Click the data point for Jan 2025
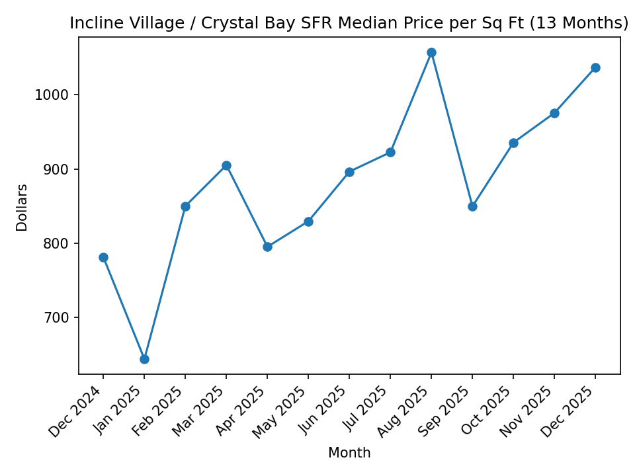pyautogui.click(x=144, y=359)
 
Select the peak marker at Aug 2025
pyautogui.click(x=431, y=52)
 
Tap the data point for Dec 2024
pyautogui.click(x=103, y=257)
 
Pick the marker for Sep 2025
pyautogui.click(x=472, y=206)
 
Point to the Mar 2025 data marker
pyautogui.click(x=226, y=165)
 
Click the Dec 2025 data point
pyautogui.click(x=595, y=67)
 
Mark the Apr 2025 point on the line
pyautogui.click(x=267, y=247)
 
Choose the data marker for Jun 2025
pyautogui.click(x=349, y=172)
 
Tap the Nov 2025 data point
pyautogui.click(x=554, y=113)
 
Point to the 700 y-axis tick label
pyautogui.click(x=58, y=317)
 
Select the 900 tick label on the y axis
pyautogui.click(x=58, y=169)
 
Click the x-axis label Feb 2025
pyautogui.click(x=159, y=411)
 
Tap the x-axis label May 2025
pyautogui.click(x=282, y=411)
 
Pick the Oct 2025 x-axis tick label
pyautogui.click(x=487, y=411)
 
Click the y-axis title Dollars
pyautogui.click(x=22, y=207)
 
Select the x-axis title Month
pyautogui.click(x=349, y=454)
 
